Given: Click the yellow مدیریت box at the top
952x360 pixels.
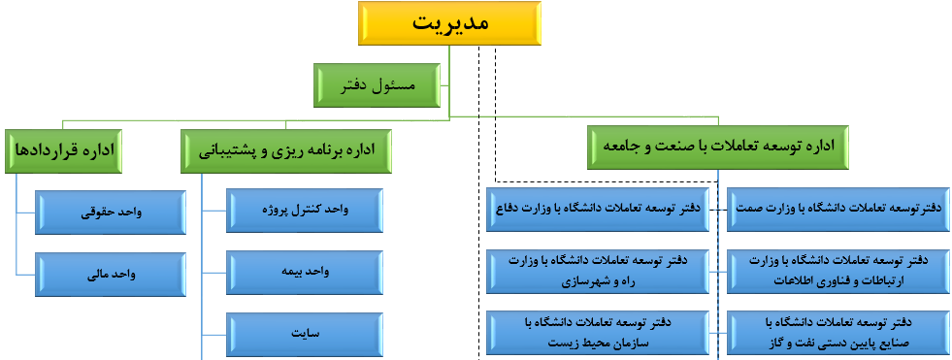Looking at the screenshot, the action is [x=449, y=23].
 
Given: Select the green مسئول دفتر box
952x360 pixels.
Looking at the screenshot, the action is [x=378, y=85].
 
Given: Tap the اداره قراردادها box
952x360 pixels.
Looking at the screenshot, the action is [x=63, y=149].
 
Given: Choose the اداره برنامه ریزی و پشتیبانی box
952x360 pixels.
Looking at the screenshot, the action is [x=286, y=151].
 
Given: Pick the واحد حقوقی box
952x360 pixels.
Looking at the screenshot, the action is [x=111, y=213].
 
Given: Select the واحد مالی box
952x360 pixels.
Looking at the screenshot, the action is [x=111, y=275].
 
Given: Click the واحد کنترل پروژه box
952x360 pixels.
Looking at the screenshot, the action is [x=305, y=210].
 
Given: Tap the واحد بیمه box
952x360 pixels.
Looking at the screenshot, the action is [x=305, y=272].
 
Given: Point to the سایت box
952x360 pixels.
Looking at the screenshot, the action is [x=305, y=333].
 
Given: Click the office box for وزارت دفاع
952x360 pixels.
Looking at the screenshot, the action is [x=598, y=210].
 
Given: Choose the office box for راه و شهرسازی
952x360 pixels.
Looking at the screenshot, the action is [x=598, y=272].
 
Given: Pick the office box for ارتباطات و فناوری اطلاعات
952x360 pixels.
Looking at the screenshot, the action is [x=838, y=272].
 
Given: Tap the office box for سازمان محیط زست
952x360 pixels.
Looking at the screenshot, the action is [x=598, y=333].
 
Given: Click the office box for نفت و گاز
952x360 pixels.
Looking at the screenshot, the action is [x=838, y=333].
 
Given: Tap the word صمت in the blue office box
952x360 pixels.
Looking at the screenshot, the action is [x=748, y=209].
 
